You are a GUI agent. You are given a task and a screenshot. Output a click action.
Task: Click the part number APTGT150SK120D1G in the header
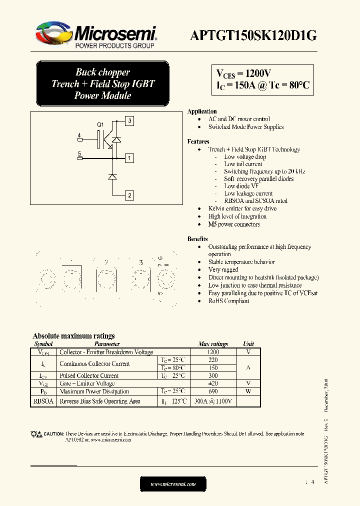coord(253,35)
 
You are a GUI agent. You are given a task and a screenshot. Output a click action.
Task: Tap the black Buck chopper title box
coord(103,83)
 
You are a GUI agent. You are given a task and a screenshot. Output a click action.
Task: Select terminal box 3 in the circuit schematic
coord(129,120)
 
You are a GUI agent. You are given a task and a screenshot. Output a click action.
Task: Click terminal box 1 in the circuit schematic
coord(129,158)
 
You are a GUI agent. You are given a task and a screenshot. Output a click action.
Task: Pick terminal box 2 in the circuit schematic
coord(129,195)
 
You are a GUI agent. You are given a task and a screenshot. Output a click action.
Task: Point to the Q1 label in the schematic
coord(100,124)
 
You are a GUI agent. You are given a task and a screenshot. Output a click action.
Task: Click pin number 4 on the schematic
coord(79,135)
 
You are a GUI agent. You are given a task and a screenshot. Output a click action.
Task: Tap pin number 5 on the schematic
coord(79,153)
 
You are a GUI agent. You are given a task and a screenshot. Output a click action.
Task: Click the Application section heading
coord(202,111)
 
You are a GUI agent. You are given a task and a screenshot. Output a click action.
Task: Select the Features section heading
coord(198,141)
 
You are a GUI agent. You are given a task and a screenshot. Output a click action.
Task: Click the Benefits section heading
coord(197,239)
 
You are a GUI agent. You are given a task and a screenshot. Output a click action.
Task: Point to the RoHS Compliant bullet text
coord(228,301)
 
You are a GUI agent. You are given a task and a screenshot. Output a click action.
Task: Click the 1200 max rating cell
coord(213,352)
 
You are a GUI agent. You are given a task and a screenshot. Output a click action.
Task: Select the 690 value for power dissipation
coord(213,391)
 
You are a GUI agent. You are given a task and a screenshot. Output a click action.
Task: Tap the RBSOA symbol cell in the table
coord(43,401)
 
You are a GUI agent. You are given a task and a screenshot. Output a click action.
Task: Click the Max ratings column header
coord(213,344)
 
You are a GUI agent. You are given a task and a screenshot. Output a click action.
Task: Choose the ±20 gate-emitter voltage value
coord(213,383)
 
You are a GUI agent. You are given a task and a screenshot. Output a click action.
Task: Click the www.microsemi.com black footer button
coord(173,484)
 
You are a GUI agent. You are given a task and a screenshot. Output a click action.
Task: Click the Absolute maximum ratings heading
coord(73,336)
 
